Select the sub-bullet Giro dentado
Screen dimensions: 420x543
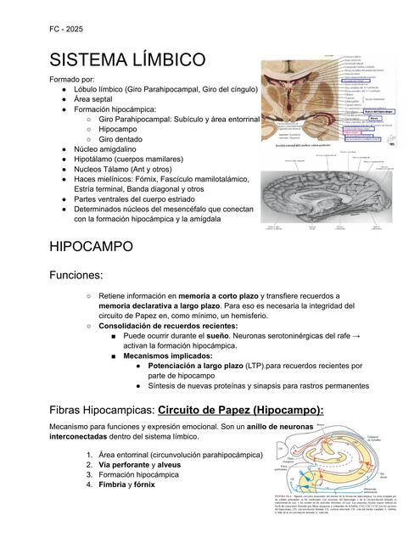click(125, 136)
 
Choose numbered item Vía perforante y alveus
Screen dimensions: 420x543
click(140, 465)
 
